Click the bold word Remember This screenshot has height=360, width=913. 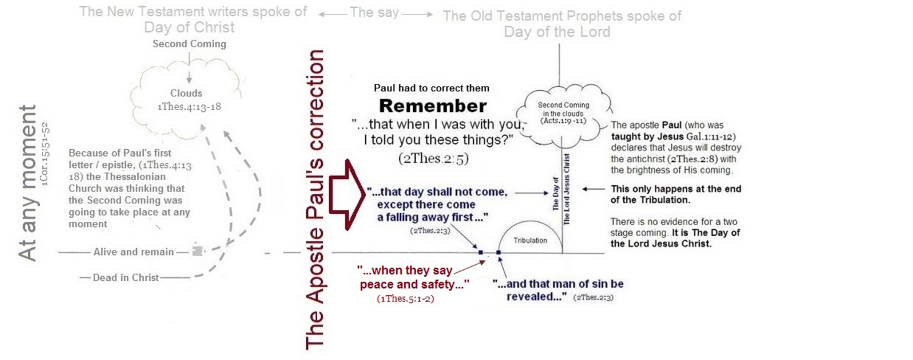[x=433, y=106]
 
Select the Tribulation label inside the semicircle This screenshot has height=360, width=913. [x=531, y=241]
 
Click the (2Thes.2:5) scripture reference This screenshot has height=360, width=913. [x=433, y=158]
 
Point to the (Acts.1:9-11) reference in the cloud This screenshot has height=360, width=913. [x=563, y=121]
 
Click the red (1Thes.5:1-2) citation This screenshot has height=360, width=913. [x=406, y=299]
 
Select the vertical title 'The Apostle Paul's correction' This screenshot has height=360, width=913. [x=315, y=200]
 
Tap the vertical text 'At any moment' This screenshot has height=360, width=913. [x=28, y=183]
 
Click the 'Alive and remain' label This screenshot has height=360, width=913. [x=134, y=252]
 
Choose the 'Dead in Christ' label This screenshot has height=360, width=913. [x=126, y=278]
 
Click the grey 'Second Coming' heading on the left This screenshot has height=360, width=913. [x=189, y=44]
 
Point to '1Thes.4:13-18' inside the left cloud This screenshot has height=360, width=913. [x=189, y=107]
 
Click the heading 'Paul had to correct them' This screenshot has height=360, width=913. [x=432, y=88]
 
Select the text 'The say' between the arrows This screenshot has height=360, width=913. [x=374, y=12]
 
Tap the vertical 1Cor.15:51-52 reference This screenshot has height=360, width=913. [x=45, y=154]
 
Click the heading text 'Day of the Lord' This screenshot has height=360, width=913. [x=557, y=32]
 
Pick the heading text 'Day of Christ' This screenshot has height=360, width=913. [x=189, y=27]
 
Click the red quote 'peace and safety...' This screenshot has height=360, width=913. [x=414, y=285]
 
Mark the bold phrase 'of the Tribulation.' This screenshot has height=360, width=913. [x=650, y=200]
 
